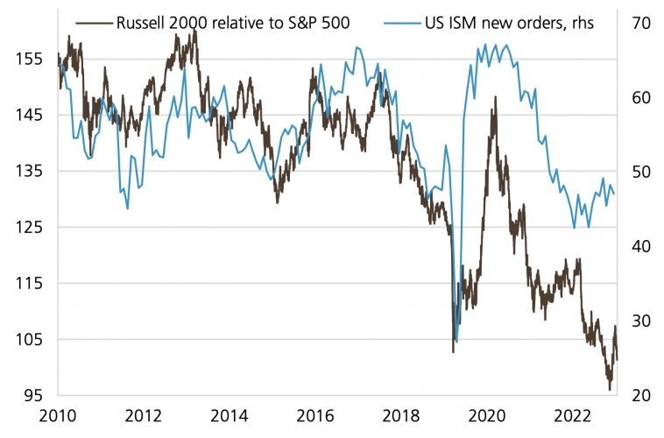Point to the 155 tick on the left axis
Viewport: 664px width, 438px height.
(x=30, y=59)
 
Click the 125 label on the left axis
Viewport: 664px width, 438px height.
(x=30, y=227)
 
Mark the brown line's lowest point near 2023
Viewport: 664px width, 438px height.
(x=610, y=389)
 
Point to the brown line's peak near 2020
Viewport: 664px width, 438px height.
(x=494, y=97)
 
